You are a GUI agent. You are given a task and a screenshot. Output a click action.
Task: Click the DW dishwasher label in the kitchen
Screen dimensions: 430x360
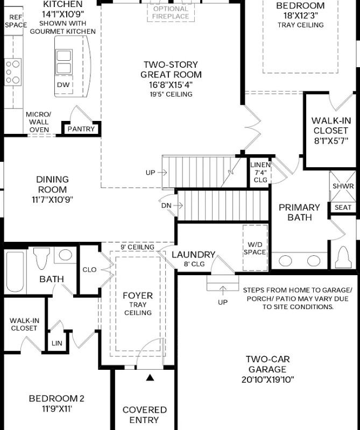point(63,85)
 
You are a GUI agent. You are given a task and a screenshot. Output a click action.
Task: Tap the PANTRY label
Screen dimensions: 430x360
point(81,129)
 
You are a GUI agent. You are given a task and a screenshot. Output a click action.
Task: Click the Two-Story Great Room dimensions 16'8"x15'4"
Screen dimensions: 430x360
point(171,85)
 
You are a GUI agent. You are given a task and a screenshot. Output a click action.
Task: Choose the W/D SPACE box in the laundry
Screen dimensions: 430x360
point(255,248)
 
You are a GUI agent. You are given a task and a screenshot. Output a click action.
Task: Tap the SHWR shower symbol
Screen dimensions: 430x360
point(343,186)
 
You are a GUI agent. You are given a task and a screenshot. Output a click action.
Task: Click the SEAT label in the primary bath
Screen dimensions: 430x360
point(343,207)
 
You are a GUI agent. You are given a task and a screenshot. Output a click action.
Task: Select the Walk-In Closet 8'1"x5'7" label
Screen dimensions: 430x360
point(331,131)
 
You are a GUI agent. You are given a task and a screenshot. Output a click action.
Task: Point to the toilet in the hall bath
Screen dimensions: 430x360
point(41,259)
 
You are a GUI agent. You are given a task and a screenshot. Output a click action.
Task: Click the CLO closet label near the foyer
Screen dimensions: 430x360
point(89,270)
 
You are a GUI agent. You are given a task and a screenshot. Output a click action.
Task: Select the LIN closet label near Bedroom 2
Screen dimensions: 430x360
point(57,343)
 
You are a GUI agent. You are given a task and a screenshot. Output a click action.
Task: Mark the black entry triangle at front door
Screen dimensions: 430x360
point(150,378)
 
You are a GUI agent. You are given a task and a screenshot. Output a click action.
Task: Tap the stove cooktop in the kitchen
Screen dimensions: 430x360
point(12,71)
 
